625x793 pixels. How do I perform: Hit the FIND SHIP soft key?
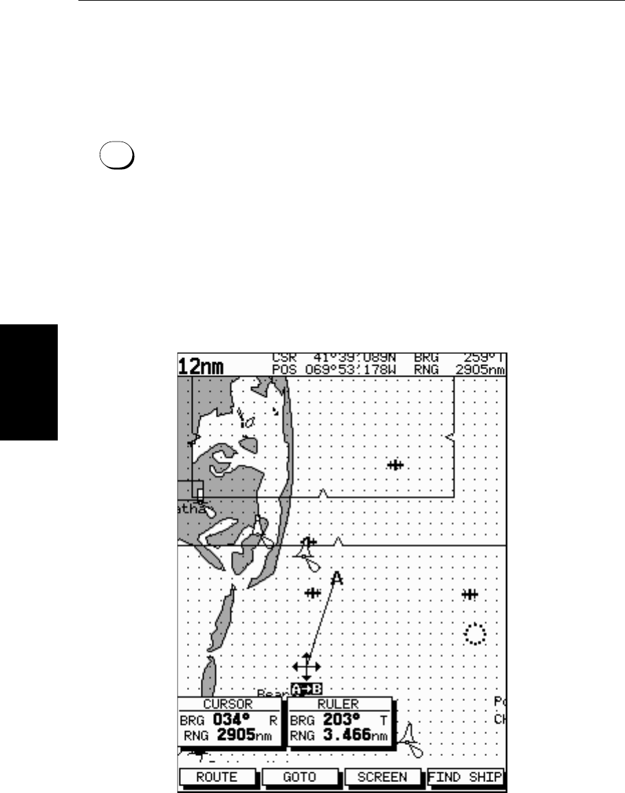coord(465,777)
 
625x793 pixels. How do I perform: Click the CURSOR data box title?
coord(228,704)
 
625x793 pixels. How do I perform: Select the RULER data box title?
coord(338,704)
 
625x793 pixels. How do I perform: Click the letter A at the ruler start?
coord(336,579)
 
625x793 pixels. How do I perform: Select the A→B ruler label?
coord(307,689)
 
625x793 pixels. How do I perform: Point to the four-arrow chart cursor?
coord(307,667)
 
